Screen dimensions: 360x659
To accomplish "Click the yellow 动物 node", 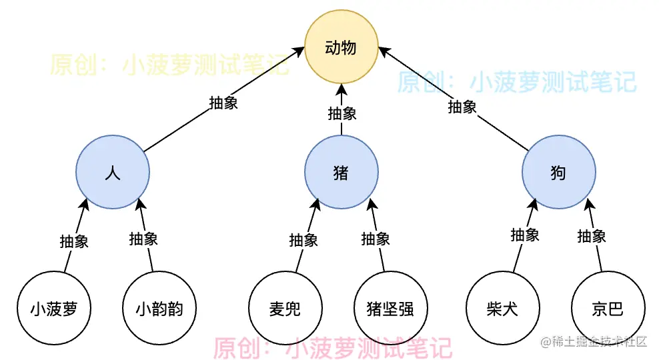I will [341, 47].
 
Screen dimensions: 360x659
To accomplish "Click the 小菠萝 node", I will [53, 309].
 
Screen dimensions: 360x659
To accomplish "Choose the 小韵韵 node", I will [159, 309].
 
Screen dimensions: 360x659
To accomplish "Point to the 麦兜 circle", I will [285, 309].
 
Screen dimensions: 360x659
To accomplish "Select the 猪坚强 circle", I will [390, 309].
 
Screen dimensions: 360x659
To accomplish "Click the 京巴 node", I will [608, 309].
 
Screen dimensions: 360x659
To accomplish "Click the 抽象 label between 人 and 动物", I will [223, 103].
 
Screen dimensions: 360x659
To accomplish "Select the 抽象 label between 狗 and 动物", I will [462, 106].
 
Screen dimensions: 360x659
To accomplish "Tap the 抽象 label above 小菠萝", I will [74, 241].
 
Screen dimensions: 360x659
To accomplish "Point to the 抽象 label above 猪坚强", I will [376, 239].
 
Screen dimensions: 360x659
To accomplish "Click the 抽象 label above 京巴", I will [592, 235].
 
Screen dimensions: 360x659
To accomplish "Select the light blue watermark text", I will [517, 83].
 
